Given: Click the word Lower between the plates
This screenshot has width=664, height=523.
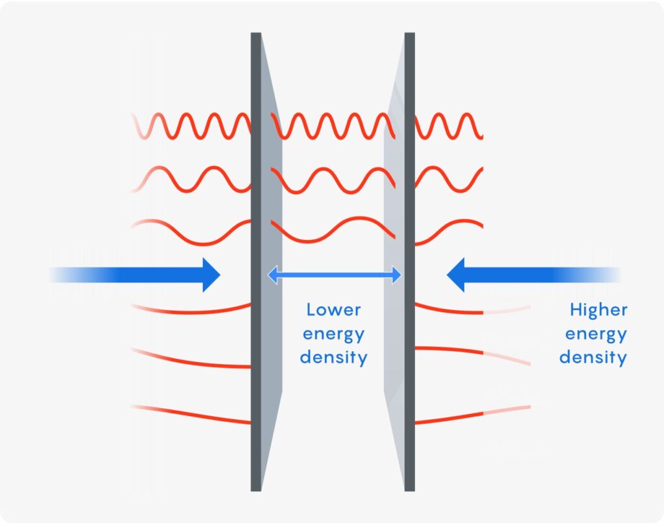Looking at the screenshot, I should [x=333, y=310].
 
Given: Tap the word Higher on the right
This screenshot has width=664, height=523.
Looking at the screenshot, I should [x=599, y=310].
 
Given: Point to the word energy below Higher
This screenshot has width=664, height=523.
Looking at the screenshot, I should [x=596, y=335].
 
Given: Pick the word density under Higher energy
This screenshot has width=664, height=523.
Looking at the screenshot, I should [x=593, y=357].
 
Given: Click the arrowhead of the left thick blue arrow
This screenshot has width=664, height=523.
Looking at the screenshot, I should [x=211, y=274].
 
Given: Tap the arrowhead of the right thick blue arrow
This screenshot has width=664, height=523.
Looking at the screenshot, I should [x=457, y=274].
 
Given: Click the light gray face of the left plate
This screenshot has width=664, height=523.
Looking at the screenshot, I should [x=271, y=195].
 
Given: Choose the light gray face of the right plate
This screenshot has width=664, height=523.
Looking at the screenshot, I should [x=394, y=195].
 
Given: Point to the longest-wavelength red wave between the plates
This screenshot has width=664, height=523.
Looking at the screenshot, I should [x=331, y=231].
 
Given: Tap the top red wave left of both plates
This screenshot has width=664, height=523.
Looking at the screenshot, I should [x=195, y=125].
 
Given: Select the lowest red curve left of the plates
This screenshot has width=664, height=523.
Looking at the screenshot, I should [x=195, y=413].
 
